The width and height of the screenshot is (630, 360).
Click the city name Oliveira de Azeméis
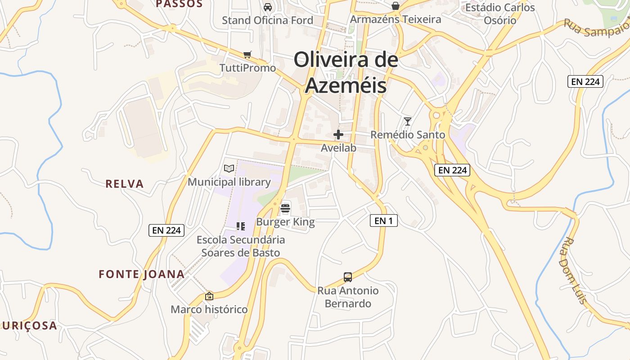pos(346,72)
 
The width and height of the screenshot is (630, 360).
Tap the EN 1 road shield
pos(384,220)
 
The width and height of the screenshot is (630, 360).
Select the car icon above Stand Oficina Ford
pos(268,7)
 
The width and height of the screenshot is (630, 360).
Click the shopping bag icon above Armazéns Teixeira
pos(395,6)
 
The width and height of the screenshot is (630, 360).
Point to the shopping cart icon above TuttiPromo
pos(247,55)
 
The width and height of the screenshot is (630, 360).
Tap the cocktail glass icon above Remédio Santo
pos(408,121)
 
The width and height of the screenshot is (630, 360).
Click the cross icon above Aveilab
pos(338,135)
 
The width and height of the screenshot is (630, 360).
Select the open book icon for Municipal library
pos(229,169)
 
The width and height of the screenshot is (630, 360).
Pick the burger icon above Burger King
pos(285,208)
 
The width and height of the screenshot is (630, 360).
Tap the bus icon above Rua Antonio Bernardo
pos(348,277)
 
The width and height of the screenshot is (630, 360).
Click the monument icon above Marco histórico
pos(209,296)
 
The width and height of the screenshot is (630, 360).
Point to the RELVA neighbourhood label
pos(125,184)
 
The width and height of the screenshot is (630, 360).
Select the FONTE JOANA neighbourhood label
pos(142,274)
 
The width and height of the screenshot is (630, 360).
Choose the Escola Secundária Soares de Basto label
pos(241,246)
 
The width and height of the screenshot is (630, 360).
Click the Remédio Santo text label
pos(408,135)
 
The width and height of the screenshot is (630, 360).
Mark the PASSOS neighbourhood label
pos(179,4)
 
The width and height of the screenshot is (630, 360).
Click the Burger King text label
pos(285,222)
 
